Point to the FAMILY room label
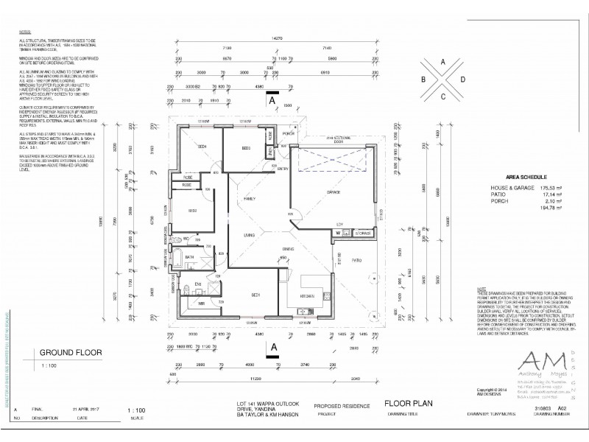(x=250, y=200)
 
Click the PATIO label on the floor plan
(x=356, y=260)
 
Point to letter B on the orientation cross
(x=424, y=79)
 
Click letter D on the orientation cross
(x=462, y=79)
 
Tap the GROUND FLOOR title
(x=65, y=352)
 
